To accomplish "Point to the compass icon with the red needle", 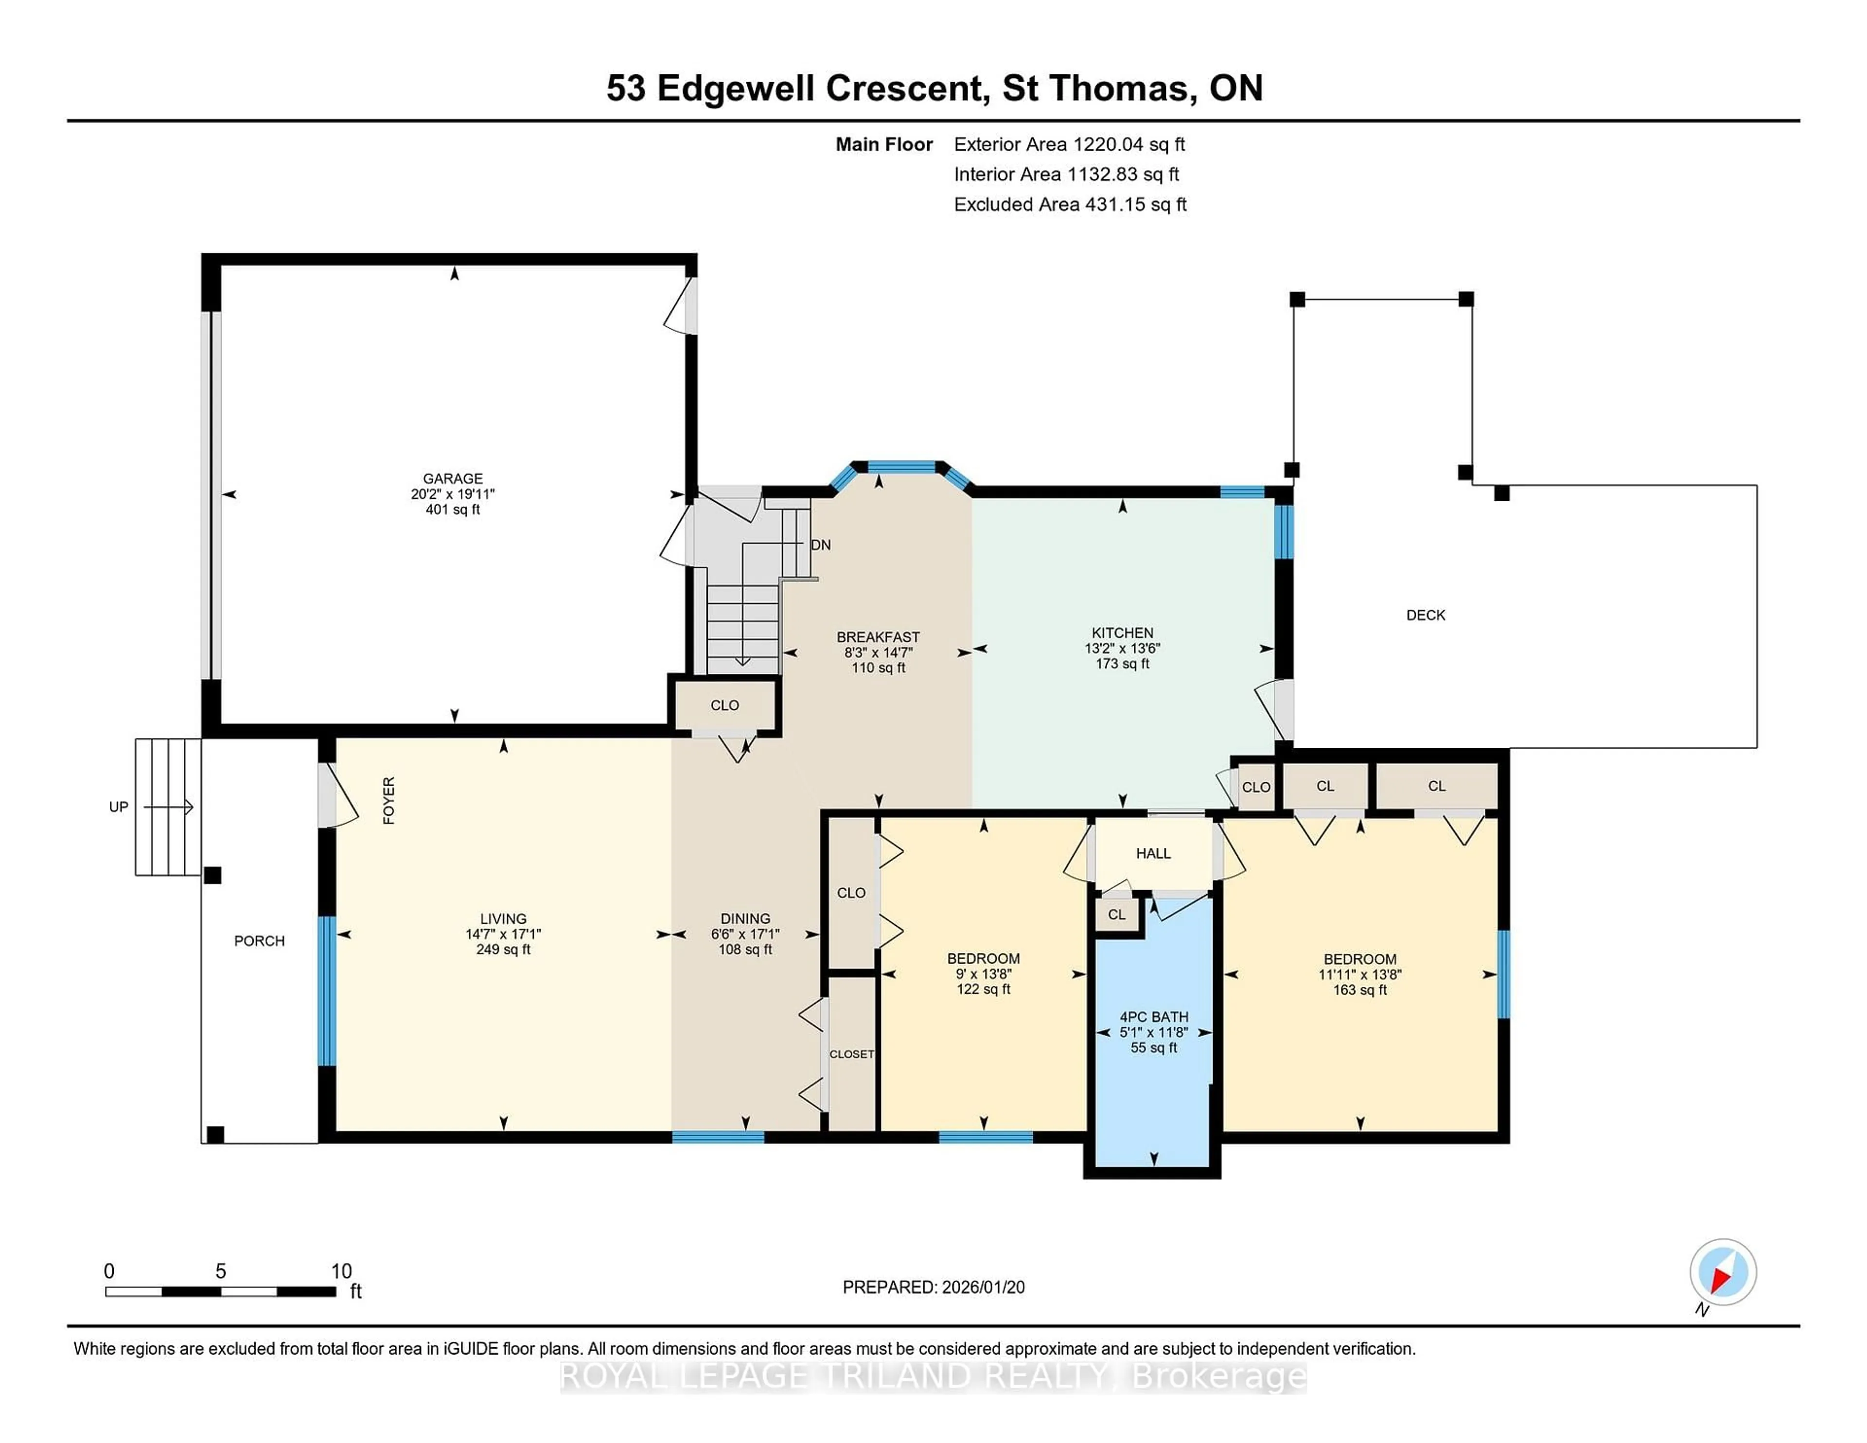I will [x=1723, y=1272].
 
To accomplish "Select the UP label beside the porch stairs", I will [x=118, y=807].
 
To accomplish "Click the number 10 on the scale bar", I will [x=341, y=1271].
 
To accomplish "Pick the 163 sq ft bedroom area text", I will [x=1359, y=990].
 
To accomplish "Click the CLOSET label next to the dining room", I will [x=851, y=1054].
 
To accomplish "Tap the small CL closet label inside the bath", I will [x=1116, y=915].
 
